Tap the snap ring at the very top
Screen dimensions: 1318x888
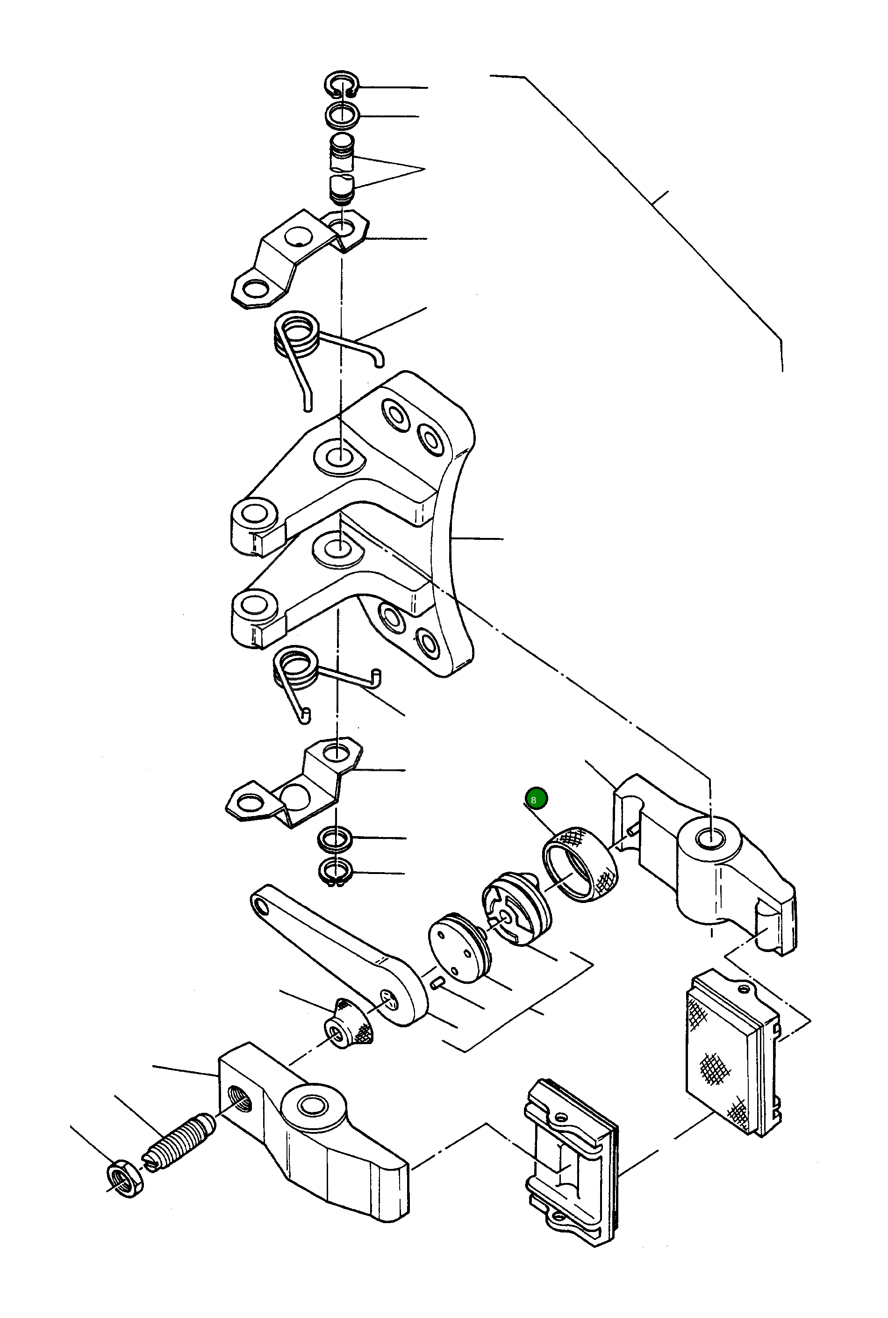[x=342, y=85]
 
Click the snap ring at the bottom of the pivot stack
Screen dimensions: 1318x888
[x=337, y=872]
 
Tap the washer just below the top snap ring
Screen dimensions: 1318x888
[x=342, y=115]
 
